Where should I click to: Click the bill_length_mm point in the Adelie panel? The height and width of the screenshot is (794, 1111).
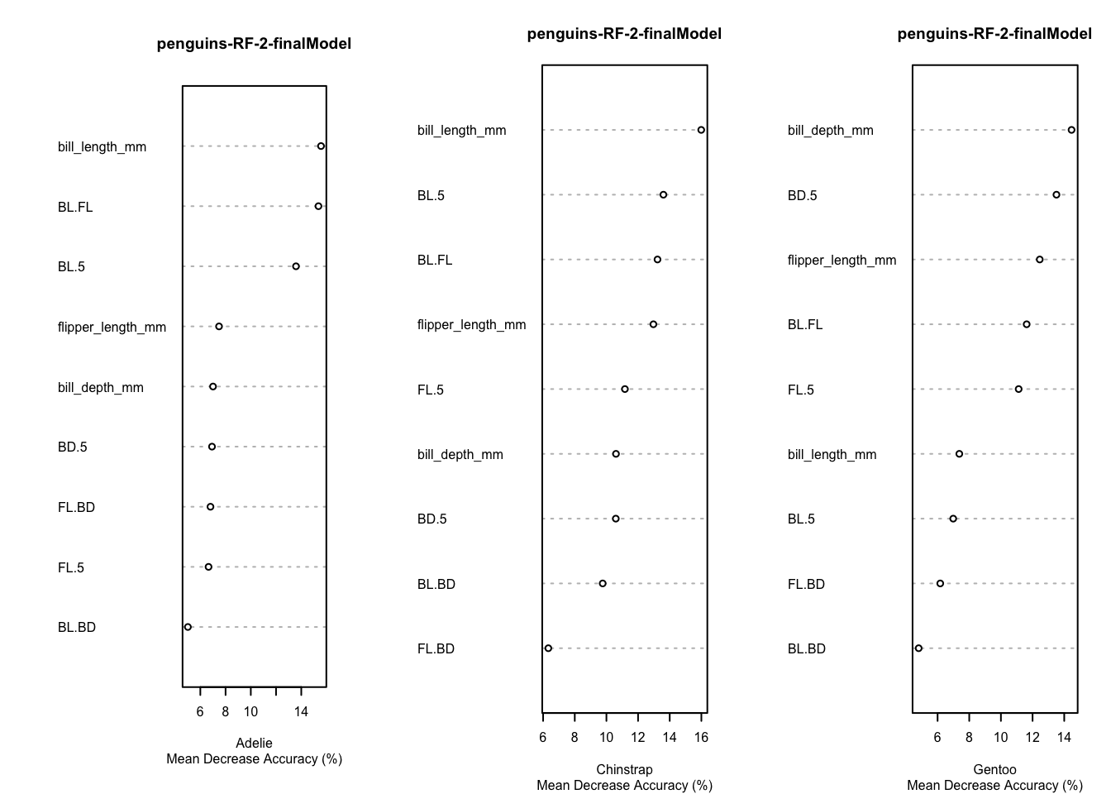321,146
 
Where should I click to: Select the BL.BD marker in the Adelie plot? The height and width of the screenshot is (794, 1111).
188,627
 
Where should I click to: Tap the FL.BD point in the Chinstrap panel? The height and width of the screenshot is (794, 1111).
548,648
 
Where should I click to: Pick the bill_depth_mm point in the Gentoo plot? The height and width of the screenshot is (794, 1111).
1071,130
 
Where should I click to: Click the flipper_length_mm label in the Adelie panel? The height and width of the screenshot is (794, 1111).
112,328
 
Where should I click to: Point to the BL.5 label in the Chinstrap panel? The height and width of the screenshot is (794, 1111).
431,196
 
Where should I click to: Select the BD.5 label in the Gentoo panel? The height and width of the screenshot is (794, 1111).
802,196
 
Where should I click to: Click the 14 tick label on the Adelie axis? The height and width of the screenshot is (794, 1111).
301,712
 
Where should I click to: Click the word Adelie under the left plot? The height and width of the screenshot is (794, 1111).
254,744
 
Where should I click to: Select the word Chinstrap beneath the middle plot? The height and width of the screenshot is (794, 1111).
624,770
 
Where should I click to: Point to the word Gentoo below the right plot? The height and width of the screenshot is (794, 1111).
994,770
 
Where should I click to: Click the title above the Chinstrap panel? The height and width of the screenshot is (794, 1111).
624,34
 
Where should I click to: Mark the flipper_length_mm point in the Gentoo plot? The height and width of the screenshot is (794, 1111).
1040,260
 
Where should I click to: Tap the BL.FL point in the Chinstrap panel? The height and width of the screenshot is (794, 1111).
657,260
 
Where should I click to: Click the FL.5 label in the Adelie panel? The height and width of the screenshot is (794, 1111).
71,568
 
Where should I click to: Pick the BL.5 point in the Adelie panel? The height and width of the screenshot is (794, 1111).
296,266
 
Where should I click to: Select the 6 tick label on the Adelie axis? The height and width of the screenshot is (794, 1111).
200,712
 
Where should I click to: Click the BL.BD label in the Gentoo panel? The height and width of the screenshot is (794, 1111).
806,649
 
